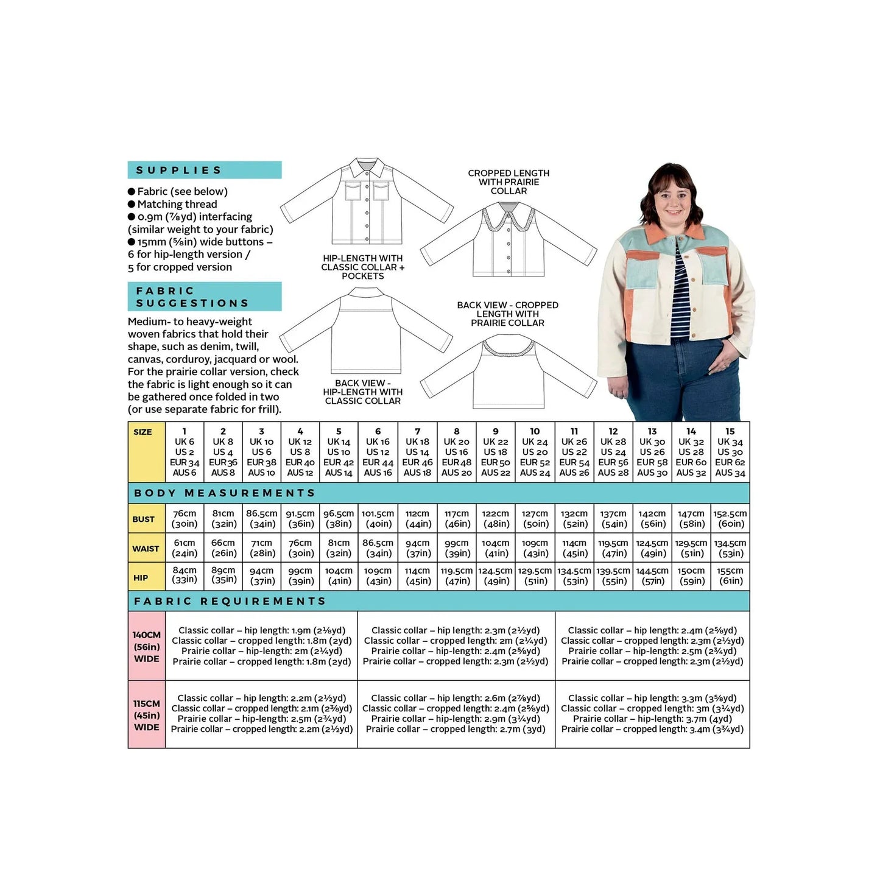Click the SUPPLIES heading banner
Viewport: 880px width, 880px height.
point(204,170)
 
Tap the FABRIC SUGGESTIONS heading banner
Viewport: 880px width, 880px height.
point(204,297)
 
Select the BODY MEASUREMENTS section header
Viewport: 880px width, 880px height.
point(438,493)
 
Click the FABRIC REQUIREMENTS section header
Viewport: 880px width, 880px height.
point(438,601)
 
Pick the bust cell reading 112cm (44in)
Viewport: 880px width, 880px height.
point(417,519)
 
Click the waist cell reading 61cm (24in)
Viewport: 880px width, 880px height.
point(185,548)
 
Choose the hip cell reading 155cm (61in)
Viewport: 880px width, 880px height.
point(730,576)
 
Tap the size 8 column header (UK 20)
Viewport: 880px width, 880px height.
point(456,452)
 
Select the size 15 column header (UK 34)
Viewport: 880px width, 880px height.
point(730,452)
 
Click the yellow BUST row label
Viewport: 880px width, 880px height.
point(146,519)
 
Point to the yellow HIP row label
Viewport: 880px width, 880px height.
point(146,577)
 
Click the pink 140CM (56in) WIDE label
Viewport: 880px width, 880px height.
point(146,647)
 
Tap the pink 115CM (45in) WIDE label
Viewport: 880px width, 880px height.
point(146,715)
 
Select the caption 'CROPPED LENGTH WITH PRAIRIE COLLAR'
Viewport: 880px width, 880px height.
point(509,182)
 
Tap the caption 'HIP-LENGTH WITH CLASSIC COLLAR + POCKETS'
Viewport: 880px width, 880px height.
point(362,267)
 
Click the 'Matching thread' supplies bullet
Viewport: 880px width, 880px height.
point(177,204)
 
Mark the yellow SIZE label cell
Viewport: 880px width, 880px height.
point(146,452)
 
